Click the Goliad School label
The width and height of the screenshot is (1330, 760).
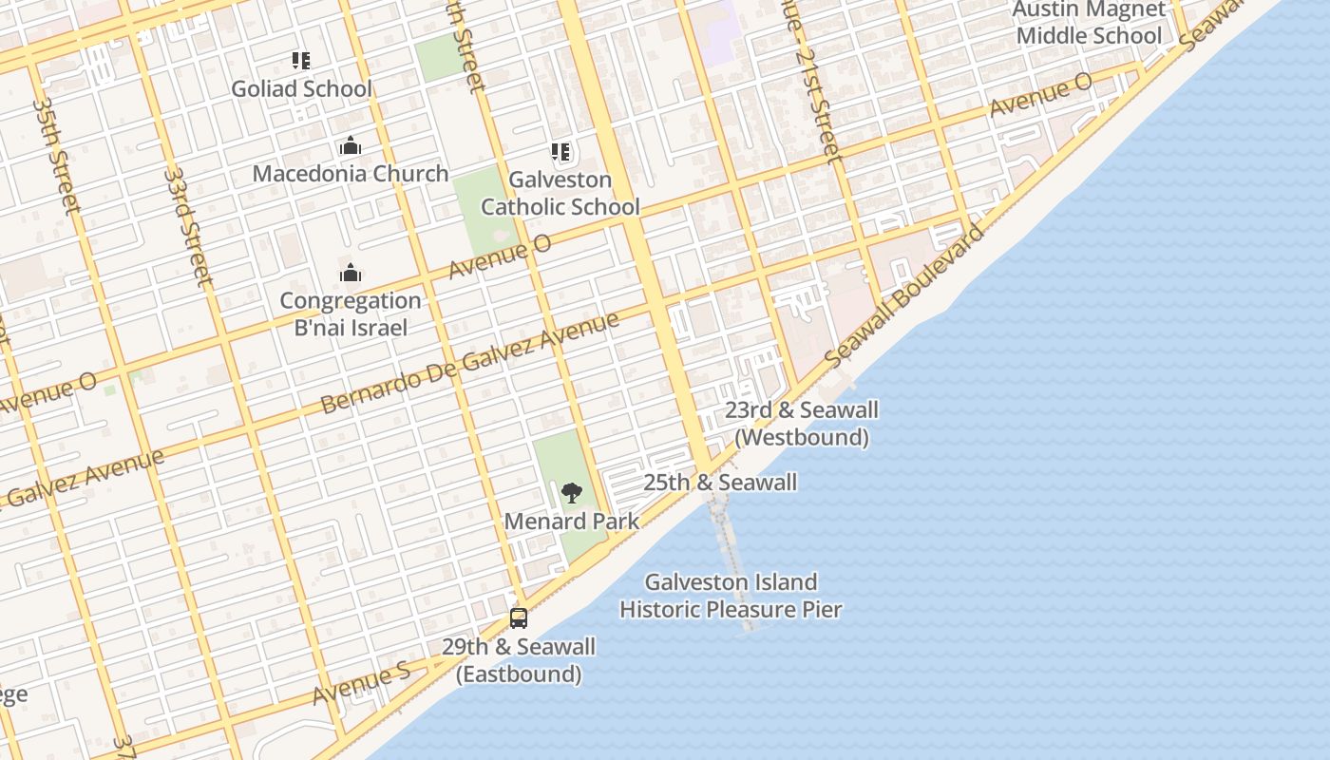(x=302, y=89)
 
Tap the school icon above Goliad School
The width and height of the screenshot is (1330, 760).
(x=301, y=62)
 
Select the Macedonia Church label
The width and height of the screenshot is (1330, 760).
(x=351, y=174)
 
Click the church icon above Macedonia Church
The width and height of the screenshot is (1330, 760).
(x=351, y=146)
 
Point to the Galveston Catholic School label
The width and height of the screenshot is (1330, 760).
(x=560, y=193)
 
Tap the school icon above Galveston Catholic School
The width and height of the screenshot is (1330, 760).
(x=560, y=152)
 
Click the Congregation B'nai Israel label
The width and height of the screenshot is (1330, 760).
(x=351, y=314)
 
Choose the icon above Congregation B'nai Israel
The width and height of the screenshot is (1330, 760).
(x=351, y=275)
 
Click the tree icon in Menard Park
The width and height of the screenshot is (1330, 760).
(x=571, y=492)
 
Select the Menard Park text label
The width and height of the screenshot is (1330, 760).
(x=572, y=522)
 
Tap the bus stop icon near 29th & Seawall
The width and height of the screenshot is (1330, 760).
(x=519, y=618)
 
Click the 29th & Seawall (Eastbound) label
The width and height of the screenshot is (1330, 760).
(x=519, y=660)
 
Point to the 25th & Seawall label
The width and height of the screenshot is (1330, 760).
(x=720, y=483)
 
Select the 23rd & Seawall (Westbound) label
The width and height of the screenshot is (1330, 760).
(x=802, y=424)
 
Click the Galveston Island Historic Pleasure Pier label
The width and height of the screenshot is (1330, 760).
(x=731, y=596)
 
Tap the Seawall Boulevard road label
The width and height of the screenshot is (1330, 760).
(x=902, y=297)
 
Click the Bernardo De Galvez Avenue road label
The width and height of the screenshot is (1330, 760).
(x=470, y=364)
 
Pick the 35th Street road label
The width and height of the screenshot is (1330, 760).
(x=56, y=154)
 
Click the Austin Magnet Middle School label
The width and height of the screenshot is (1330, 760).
(x=1089, y=23)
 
